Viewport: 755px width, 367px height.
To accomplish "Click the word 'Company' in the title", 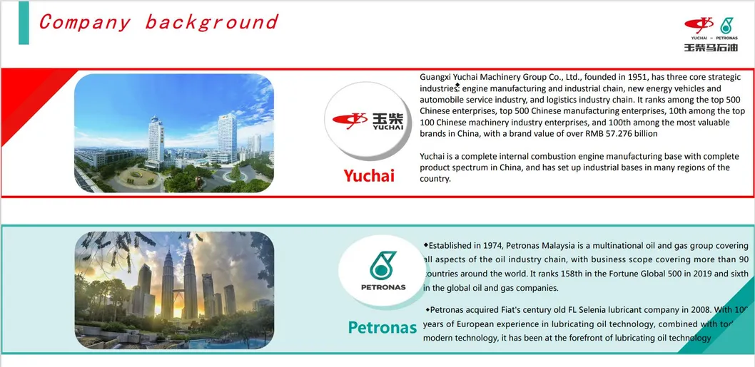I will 84,22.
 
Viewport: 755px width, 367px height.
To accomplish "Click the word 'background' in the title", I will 211,22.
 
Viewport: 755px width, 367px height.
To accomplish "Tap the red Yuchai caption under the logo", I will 368,175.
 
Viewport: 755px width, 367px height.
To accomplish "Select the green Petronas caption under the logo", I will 382,328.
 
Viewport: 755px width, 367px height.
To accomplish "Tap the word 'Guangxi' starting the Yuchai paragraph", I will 437,77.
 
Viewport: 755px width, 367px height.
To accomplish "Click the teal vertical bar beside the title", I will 24,23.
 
